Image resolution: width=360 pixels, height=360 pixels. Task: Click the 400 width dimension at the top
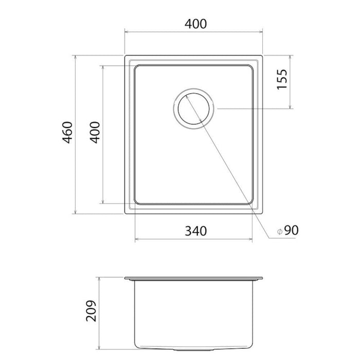(x=195, y=24)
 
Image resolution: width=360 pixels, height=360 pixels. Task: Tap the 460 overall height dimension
(x=68, y=133)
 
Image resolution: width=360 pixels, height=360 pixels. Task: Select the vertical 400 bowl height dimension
(x=95, y=133)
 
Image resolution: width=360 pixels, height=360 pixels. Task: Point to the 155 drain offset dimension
(x=282, y=79)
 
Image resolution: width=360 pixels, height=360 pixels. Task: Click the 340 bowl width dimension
(x=196, y=231)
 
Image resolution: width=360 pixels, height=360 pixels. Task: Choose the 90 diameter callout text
(x=292, y=230)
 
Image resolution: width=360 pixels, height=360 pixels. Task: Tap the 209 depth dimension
(x=91, y=311)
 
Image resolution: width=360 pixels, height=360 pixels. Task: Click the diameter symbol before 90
(x=280, y=231)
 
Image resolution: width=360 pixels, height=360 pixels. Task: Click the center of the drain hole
(x=193, y=109)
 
